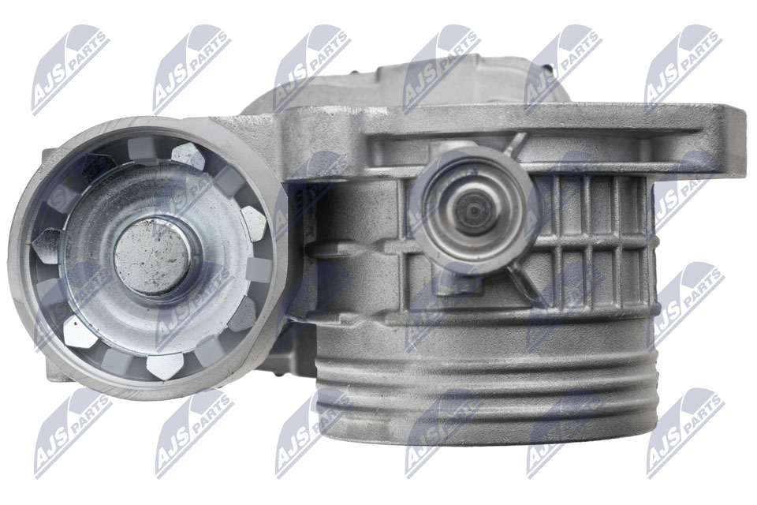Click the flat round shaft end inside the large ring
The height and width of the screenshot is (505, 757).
coord(152,256)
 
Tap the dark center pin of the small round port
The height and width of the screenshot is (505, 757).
coord(474,211)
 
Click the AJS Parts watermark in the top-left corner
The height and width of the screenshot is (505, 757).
coord(70,69)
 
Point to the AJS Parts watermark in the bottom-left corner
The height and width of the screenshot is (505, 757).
coord(73,432)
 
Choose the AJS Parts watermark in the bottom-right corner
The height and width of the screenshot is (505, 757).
coord(685,432)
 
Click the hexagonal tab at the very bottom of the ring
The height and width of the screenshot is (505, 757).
coord(164,366)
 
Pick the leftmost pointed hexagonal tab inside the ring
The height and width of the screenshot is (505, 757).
coord(47,245)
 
